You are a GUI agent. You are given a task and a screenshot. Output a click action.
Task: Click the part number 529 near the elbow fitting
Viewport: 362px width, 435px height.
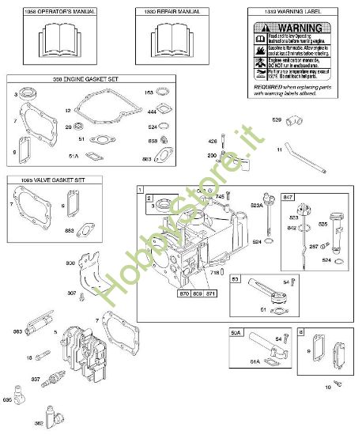(277, 119)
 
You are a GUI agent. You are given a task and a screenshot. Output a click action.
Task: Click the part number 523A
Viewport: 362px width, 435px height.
(255, 205)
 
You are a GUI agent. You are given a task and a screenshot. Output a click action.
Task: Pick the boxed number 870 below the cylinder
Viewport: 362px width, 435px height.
(185, 293)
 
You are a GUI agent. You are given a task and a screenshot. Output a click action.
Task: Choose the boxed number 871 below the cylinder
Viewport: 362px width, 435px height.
(209, 293)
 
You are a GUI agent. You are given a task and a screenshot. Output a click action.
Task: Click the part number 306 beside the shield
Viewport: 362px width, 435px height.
(70, 262)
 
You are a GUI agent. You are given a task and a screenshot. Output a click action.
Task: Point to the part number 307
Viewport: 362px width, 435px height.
(72, 293)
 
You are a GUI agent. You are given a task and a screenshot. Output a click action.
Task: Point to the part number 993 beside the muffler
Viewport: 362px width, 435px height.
(17, 331)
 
